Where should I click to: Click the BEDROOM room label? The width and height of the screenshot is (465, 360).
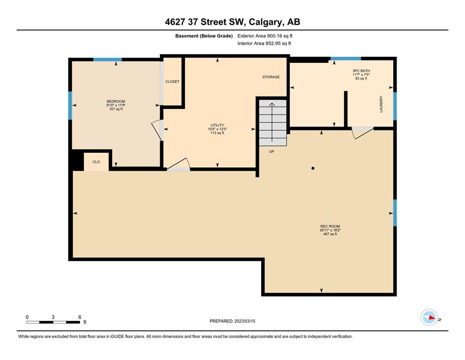(x=116, y=102)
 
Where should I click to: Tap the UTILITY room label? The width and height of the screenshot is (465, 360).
(x=217, y=125)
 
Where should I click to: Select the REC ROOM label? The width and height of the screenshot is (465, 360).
(x=330, y=226)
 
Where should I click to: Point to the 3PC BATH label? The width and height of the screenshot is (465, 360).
(x=361, y=71)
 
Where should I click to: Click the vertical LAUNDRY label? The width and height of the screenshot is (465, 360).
(x=381, y=104)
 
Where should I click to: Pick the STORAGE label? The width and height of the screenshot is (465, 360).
(x=271, y=77)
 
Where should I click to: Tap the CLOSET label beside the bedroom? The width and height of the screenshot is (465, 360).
(x=172, y=82)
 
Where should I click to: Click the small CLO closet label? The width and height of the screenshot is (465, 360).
(x=96, y=162)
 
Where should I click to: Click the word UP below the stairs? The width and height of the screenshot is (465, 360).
(x=271, y=152)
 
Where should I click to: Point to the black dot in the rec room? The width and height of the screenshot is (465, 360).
(x=312, y=168)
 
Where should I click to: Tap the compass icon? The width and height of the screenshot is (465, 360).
(x=429, y=317)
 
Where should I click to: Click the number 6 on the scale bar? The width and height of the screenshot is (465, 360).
(x=80, y=317)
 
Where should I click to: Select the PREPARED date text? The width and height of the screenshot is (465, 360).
(x=232, y=321)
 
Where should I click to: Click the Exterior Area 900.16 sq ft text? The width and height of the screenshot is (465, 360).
(x=265, y=36)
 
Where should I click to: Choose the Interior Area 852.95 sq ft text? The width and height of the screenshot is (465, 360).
(x=264, y=43)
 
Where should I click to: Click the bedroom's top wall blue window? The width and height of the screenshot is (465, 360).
(x=107, y=60)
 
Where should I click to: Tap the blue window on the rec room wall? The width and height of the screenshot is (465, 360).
(x=395, y=213)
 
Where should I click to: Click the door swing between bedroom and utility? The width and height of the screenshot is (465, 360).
(x=157, y=130)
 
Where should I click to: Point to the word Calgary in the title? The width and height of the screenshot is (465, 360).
(x=265, y=22)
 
